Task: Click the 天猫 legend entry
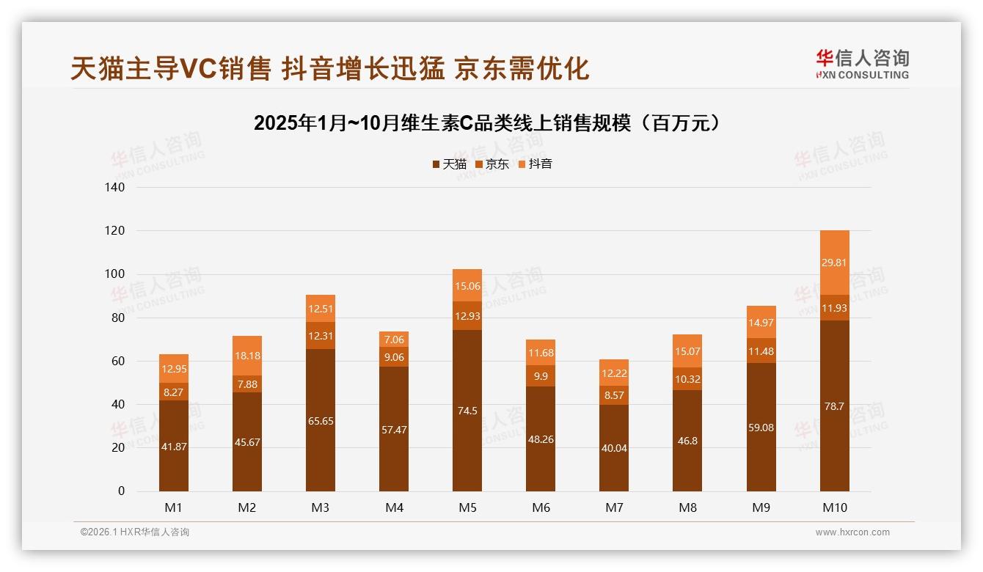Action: tap(449, 164)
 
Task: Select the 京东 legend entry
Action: tap(492, 164)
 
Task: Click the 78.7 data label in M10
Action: tap(834, 406)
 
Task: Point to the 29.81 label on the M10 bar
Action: tap(834, 263)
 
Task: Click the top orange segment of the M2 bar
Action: tap(247, 356)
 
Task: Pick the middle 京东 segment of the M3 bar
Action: tap(321, 335)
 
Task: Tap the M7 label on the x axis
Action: tap(614, 507)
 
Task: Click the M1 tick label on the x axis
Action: tap(174, 507)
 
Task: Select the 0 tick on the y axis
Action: tap(121, 491)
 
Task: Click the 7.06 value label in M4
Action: tap(394, 340)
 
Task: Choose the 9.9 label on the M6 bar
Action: tap(541, 376)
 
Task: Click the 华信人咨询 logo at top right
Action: tap(862, 64)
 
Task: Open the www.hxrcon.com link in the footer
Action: tap(852, 532)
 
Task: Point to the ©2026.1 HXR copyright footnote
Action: tap(135, 532)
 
